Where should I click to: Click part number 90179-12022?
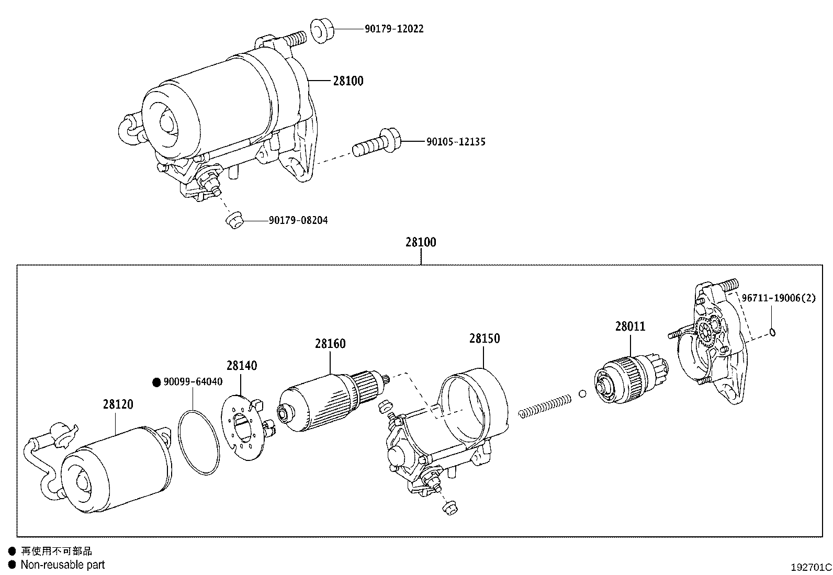[394, 29]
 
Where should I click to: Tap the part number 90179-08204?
[298, 221]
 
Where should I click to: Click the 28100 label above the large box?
[420, 242]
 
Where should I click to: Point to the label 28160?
[330, 344]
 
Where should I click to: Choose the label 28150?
[484, 338]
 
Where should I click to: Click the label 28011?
[630, 326]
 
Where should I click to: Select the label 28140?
[242, 366]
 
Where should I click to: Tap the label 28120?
[118, 404]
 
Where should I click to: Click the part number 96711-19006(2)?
[778, 298]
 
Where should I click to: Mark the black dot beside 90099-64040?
[156, 382]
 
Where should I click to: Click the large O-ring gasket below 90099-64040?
[198, 443]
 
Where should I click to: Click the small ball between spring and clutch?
[582, 393]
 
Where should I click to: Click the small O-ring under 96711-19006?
[773, 331]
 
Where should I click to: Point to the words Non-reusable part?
[62, 565]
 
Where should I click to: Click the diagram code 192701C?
[811, 567]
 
